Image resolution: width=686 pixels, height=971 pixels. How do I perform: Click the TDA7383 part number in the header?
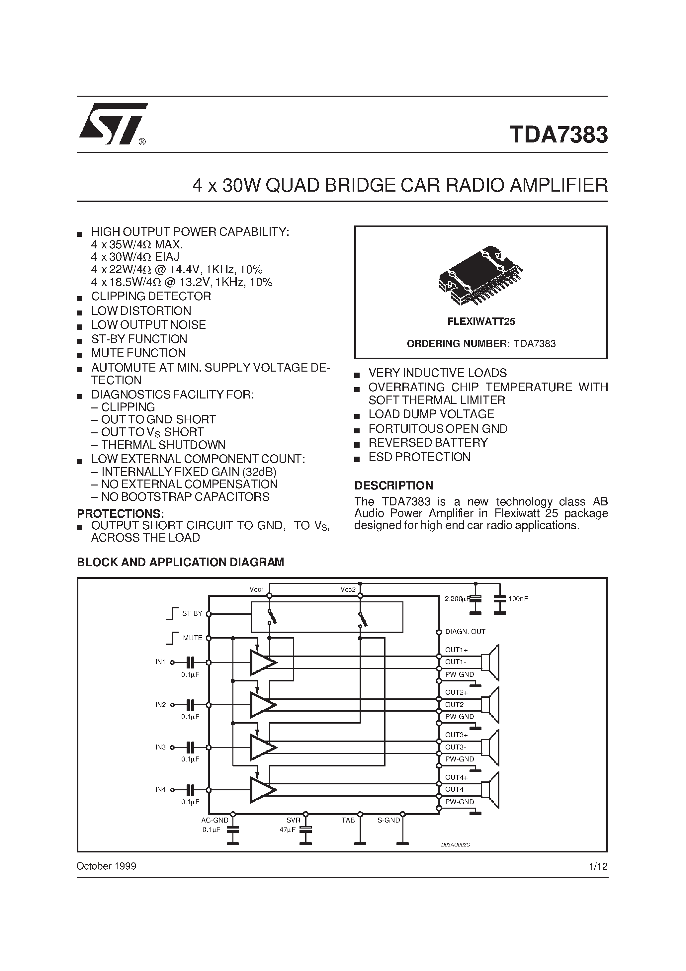pos(558,134)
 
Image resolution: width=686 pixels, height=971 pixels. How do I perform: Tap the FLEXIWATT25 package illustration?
pos(481,276)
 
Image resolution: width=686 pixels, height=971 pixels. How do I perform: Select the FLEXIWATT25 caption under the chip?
pos(481,321)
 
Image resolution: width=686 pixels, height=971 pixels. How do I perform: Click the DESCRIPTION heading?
pos(393,485)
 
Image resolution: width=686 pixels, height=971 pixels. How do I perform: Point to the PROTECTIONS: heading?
pos(120,513)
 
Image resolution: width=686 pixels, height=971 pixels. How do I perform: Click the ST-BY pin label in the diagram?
pos(192,614)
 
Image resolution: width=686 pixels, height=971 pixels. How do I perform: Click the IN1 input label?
pos(160,662)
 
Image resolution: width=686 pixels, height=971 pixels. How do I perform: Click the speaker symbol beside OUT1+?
pos(491,662)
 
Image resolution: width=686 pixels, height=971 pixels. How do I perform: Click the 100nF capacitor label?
pos(518,599)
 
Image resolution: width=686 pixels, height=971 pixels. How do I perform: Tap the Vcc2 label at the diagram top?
pos(348,589)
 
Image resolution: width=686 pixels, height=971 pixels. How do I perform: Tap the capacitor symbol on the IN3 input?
pos(191,747)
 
